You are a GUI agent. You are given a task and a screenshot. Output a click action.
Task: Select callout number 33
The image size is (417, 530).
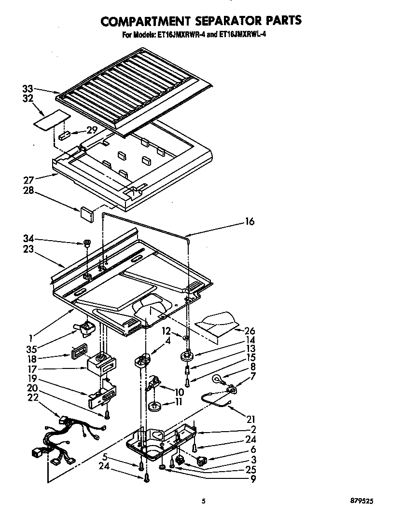(x=28, y=89)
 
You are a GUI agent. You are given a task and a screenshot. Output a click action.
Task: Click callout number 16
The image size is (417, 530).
(x=249, y=222)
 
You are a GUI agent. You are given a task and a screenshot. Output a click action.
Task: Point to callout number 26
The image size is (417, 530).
(x=250, y=331)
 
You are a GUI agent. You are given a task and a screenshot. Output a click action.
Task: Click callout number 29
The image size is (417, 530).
(x=92, y=130)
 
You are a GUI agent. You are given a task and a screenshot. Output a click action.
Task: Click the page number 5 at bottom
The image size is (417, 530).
(x=204, y=502)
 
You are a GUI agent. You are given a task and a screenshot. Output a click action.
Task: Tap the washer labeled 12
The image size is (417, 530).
(x=186, y=337)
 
